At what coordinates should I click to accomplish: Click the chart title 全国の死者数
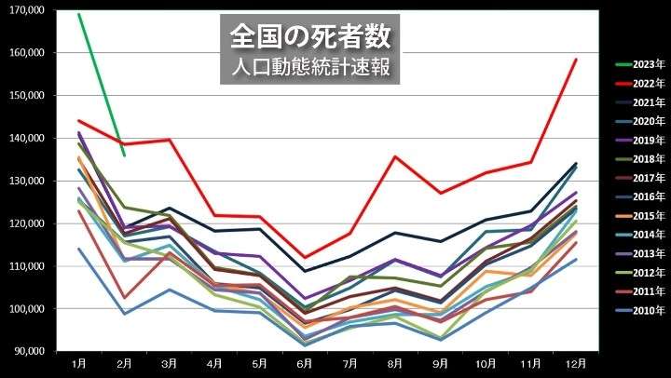[x=310, y=35]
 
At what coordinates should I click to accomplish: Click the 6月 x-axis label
[x=304, y=364]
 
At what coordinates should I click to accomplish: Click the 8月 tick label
[x=394, y=364]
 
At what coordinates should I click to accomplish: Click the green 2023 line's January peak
[x=79, y=14]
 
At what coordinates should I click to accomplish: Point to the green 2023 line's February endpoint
[x=124, y=155]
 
